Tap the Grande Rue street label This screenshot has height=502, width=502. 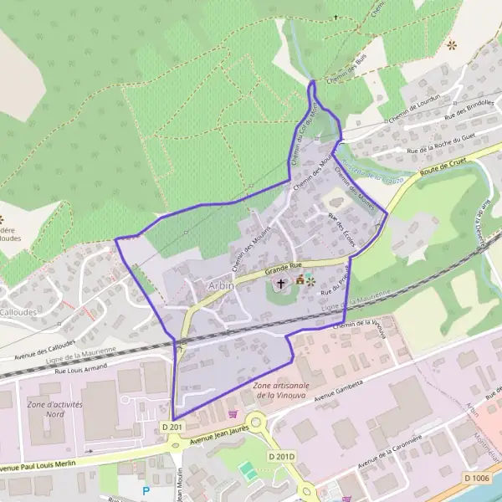point(281,269)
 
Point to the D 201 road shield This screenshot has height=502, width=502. point(172,428)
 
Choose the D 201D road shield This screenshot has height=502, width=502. point(282,456)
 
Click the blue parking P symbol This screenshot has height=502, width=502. point(146,491)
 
